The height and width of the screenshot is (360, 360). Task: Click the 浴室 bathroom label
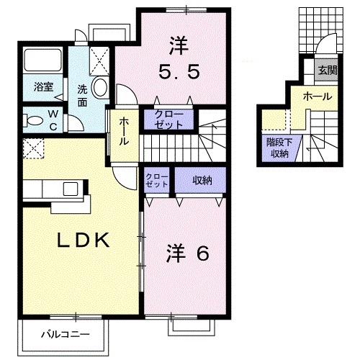click(x=42, y=87)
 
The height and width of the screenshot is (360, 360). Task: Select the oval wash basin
click(x=100, y=89)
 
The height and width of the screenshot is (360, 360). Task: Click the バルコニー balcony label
click(x=64, y=335)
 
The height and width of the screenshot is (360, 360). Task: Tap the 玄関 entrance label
click(x=328, y=70)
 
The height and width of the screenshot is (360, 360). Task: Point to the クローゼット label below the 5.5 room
click(x=169, y=120)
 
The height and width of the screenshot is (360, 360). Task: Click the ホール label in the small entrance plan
click(x=317, y=96)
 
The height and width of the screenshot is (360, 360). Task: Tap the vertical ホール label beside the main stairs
click(x=124, y=132)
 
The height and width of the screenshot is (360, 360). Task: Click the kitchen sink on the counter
click(x=70, y=189)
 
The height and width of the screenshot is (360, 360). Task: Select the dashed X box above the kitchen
click(x=33, y=149)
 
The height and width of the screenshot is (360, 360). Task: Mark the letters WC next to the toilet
click(x=54, y=119)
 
